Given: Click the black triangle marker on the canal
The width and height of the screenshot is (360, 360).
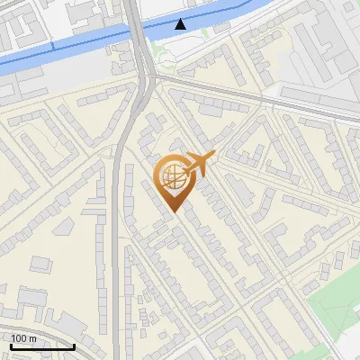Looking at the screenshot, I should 181,23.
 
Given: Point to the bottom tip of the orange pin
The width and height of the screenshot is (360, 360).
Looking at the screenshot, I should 171,212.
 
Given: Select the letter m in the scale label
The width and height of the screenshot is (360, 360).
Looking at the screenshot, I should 32,338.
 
